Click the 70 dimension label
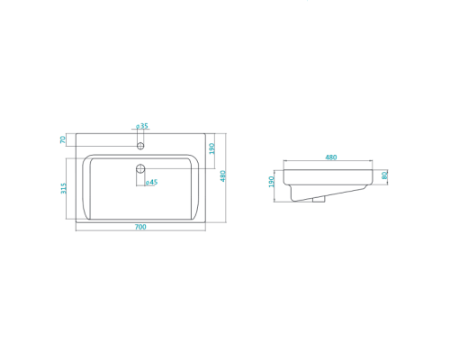63,139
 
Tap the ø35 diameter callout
142,126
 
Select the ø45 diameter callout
151,182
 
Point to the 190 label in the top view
211,148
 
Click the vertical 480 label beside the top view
223,176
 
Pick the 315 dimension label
64,188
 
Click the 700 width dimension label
140,227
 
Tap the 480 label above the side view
331,157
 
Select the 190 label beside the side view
272,182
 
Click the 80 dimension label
384,175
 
